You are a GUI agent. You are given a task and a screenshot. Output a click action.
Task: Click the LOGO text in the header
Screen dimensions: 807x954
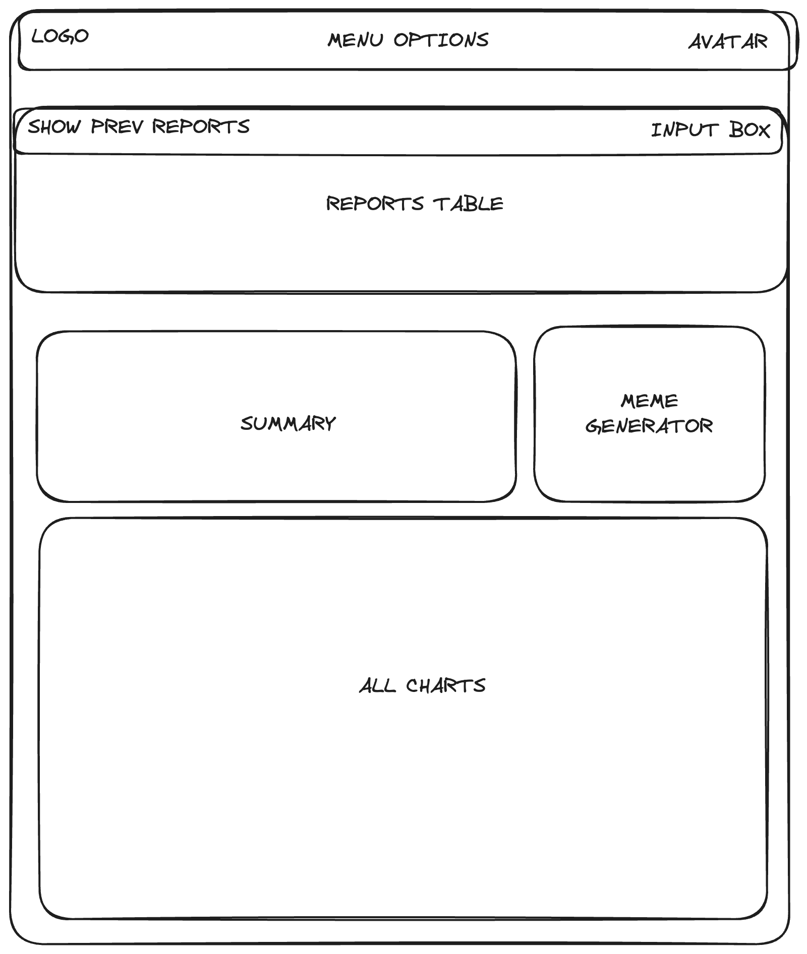(60, 36)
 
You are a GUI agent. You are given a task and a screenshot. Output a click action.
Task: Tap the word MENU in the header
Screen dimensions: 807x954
(355, 40)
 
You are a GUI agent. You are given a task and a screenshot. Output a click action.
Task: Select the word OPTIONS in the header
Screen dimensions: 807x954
(441, 40)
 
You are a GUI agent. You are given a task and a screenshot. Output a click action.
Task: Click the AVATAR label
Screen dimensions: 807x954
(728, 42)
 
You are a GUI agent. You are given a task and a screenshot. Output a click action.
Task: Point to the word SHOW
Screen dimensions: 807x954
(54, 126)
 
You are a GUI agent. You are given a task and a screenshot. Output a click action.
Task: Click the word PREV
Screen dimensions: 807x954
(117, 126)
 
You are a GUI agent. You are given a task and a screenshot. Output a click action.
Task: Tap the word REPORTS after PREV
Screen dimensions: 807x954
(201, 126)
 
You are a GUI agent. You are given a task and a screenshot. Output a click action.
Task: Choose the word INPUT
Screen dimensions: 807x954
(684, 130)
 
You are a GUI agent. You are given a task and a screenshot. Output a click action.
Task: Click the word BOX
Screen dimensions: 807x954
(750, 130)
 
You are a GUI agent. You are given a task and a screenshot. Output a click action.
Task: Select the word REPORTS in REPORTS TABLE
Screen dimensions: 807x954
(375, 204)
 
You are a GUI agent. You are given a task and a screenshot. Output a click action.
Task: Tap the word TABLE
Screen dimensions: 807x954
(468, 204)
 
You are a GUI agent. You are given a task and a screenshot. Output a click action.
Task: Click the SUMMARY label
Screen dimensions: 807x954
(288, 424)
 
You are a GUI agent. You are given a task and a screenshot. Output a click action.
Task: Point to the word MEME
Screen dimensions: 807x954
(649, 401)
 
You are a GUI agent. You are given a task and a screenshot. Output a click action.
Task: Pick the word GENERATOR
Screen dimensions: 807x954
(649, 426)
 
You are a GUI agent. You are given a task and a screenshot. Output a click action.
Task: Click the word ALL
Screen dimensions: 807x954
(377, 686)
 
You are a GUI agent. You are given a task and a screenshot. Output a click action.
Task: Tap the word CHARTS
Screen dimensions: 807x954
(446, 686)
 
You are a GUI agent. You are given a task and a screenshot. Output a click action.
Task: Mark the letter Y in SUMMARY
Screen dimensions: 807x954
(329, 424)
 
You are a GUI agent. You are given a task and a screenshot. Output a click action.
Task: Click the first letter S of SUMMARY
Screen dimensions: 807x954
(246, 424)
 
